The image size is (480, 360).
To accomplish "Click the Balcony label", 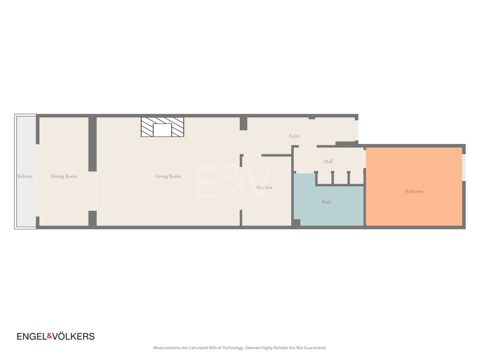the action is pyautogui.click(x=25, y=176).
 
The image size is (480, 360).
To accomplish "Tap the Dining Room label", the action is pyautogui.click(x=64, y=176).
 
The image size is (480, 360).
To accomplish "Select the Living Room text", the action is pyautogui.click(x=168, y=176).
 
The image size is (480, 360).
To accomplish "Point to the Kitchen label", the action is pyautogui.click(x=264, y=187).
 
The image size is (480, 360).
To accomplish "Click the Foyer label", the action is pyautogui.click(x=294, y=136).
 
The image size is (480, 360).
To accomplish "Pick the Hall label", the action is pyautogui.click(x=328, y=162).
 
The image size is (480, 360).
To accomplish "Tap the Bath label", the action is pyautogui.click(x=326, y=202).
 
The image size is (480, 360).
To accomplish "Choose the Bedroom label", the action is pyautogui.click(x=414, y=191).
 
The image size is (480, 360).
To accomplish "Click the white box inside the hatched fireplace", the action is pyautogui.click(x=162, y=130).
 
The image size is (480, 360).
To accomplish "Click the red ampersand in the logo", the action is pyautogui.click(x=49, y=336).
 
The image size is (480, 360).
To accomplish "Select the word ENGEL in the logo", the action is pyautogui.click(x=32, y=336).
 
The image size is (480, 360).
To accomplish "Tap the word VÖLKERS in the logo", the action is pyautogui.click(x=73, y=336).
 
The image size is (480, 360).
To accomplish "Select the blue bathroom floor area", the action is pyautogui.click(x=328, y=210).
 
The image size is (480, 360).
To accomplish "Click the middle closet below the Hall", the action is pyautogui.click(x=340, y=179).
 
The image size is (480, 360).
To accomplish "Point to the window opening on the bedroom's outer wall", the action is pyautogui.click(x=464, y=168).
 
